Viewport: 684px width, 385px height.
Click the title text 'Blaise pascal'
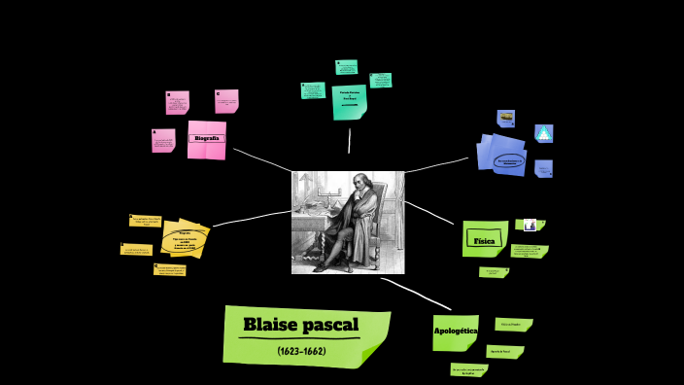(x=300, y=325)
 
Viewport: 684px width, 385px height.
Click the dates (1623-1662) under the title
(x=301, y=350)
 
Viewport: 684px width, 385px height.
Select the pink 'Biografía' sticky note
(x=206, y=139)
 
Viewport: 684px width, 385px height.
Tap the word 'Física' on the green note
(x=483, y=239)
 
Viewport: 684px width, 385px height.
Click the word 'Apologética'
(x=455, y=332)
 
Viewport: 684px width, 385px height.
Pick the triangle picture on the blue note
(x=544, y=133)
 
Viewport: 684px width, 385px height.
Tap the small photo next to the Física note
(x=529, y=225)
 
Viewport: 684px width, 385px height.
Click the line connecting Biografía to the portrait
(x=261, y=159)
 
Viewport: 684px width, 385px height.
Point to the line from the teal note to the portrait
(x=350, y=140)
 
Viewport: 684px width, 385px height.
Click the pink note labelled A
(x=163, y=141)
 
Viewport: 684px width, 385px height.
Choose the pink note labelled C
(x=226, y=101)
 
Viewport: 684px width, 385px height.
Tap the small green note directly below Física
(x=493, y=272)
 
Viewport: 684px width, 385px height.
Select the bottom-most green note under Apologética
(x=469, y=369)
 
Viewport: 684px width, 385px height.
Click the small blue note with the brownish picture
(x=506, y=119)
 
